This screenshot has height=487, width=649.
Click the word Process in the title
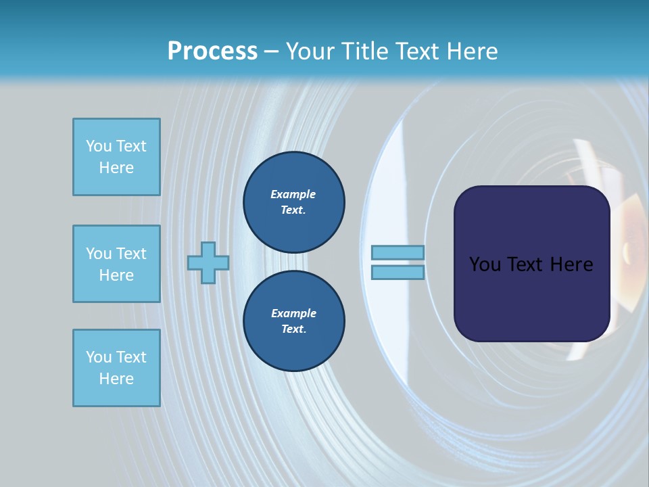coord(212,51)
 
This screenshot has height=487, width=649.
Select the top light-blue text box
coord(116,157)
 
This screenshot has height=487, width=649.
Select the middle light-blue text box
coord(116,264)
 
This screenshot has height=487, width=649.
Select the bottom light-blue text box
coord(116,368)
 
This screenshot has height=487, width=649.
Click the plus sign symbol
coord(208,262)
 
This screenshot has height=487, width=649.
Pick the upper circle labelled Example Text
coord(293,202)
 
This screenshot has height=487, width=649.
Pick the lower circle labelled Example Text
coord(293,321)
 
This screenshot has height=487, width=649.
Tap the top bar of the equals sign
coord(398,252)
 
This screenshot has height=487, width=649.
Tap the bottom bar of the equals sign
coord(398,273)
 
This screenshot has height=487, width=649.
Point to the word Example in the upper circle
coord(293,194)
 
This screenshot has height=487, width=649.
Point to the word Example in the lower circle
coord(293,313)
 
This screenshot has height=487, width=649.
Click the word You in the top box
coord(99,146)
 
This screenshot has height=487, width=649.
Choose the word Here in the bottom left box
coord(116,379)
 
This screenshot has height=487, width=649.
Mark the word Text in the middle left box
coord(130,254)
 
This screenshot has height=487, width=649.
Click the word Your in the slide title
coord(309,51)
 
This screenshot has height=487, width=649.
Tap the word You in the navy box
coord(485,264)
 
